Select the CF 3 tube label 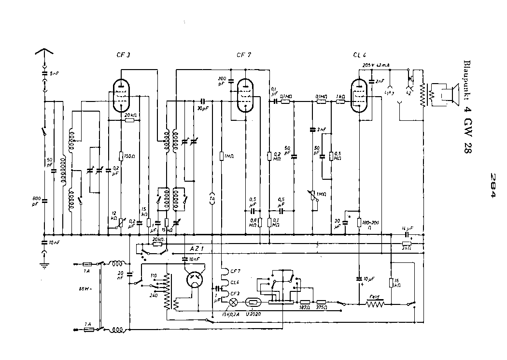point(124,55)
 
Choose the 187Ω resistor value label point(304,307)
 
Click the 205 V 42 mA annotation point(375,65)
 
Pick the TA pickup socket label point(211,198)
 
